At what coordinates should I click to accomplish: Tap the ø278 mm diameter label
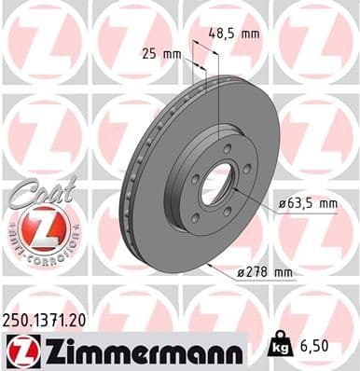pos(266,272)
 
